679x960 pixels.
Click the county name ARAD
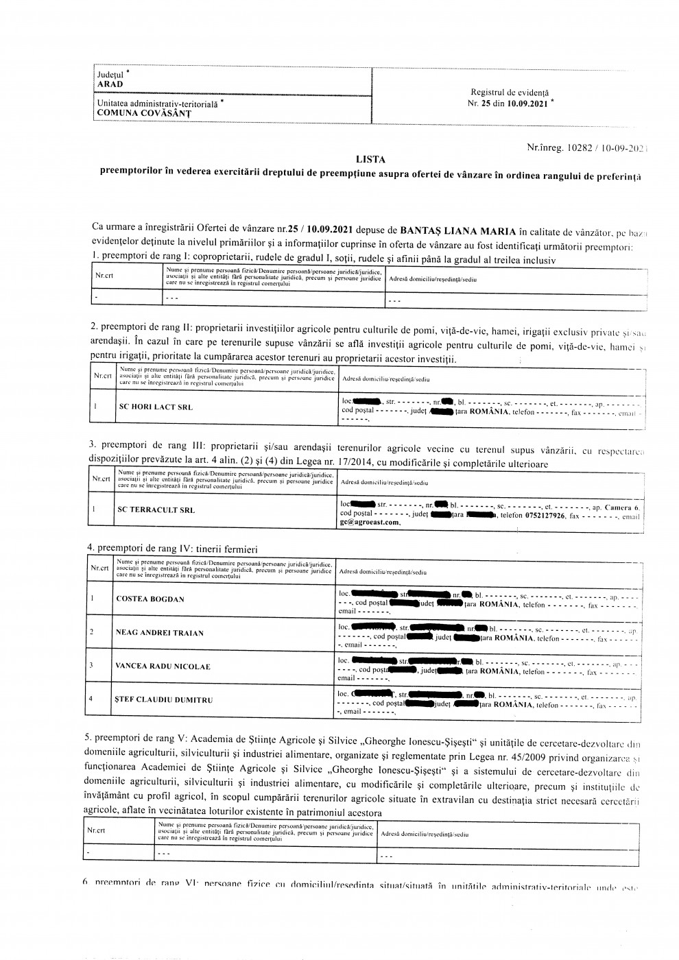click(110, 84)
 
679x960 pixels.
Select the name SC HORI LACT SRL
click(156, 407)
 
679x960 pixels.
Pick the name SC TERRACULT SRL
click(156, 510)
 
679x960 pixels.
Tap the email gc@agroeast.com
click(370, 523)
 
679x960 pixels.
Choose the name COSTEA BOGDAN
click(150, 599)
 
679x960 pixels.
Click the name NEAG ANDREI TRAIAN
click(160, 633)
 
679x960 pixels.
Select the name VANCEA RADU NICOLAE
click(163, 667)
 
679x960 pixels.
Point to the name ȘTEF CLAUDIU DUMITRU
click(165, 700)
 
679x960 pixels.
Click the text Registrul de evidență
click(510, 93)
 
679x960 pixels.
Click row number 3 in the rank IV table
click(92, 665)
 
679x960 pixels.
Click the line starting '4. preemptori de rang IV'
click(172, 548)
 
